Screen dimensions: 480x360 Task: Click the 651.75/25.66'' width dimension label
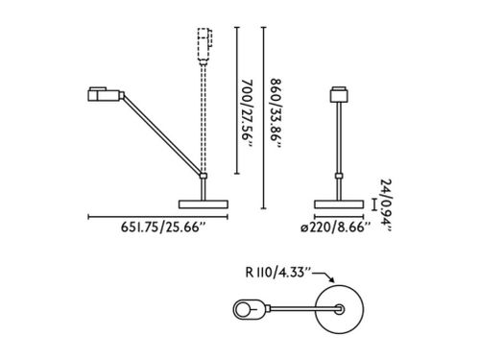coord(162,228)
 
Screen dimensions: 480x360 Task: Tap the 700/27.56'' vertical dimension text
coord(247,113)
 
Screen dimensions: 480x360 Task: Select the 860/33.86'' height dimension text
coord(276,113)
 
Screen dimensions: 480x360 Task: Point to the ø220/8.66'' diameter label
coord(335,228)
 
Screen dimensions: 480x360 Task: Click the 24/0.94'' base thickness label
coord(386,204)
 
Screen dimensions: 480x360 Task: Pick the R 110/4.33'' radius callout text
coord(277,273)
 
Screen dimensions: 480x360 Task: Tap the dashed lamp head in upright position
coord(204,45)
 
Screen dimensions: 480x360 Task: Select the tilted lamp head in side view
coord(106,94)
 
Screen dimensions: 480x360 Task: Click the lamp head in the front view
coord(339,94)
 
